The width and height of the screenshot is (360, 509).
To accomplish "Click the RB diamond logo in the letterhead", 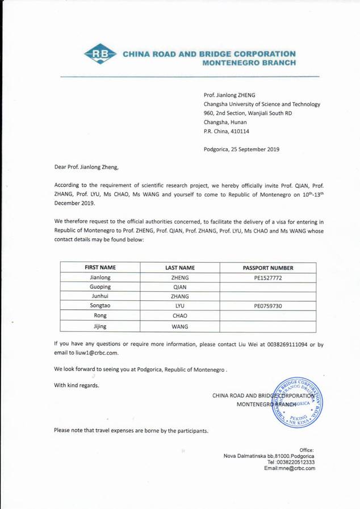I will (101, 55).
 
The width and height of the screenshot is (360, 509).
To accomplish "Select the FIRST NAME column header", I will (101, 267).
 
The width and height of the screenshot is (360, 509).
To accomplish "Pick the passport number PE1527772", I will (268, 278).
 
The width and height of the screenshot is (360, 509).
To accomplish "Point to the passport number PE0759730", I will (268, 306).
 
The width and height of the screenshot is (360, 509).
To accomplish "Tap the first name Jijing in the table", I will (101, 326).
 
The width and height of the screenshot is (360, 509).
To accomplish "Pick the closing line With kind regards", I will (77, 386).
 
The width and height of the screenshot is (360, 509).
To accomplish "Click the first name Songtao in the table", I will (101, 306).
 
